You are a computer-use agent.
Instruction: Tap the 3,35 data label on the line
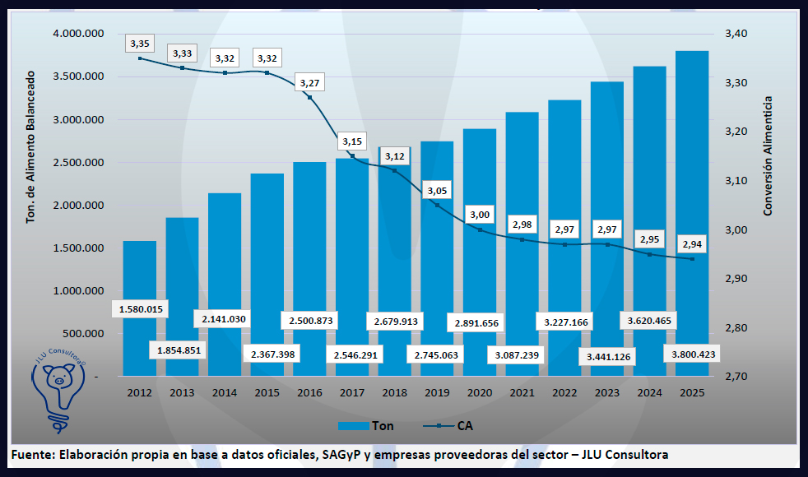tap(139, 43)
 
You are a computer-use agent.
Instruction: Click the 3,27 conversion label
tap(309, 83)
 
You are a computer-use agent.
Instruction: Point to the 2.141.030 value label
tap(224, 318)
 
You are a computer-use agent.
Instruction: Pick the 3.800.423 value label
tap(692, 354)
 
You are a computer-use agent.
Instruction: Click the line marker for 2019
tap(437, 205)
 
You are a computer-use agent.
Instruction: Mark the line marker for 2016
tap(309, 97)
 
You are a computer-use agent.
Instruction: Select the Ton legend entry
tap(366, 426)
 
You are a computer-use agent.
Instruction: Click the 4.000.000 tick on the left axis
tap(77, 34)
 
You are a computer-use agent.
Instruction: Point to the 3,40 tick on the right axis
tap(736, 34)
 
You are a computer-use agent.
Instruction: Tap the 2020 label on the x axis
tap(479, 392)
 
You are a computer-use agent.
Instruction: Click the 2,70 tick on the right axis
tap(736, 377)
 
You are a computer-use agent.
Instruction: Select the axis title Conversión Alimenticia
tap(769, 156)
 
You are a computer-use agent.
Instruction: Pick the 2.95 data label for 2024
tap(649, 239)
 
